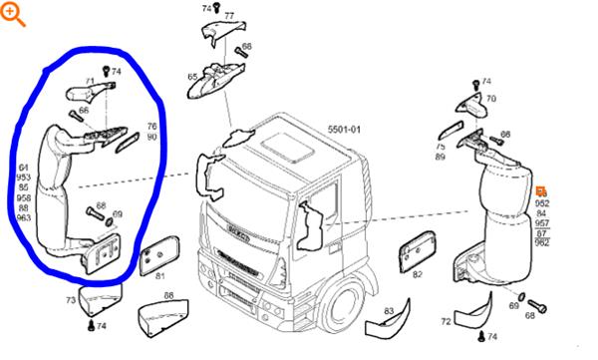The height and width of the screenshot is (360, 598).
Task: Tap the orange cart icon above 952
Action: [x=541, y=190]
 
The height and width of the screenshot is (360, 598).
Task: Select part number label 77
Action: [x=229, y=17]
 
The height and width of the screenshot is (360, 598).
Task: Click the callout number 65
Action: [x=192, y=77]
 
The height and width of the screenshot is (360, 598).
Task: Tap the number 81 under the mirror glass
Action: [x=160, y=274]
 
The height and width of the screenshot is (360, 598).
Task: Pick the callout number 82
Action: [x=418, y=274]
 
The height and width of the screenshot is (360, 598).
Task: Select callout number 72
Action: [x=446, y=322]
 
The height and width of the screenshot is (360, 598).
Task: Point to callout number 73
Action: [x=71, y=300]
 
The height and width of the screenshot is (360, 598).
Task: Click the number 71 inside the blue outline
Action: [x=90, y=80]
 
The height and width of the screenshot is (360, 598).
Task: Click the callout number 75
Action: [x=440, y=146]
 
